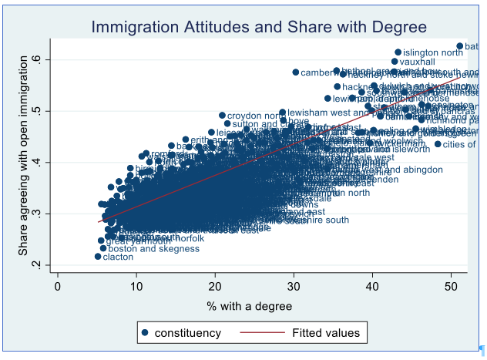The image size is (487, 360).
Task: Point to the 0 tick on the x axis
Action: pos(58,286)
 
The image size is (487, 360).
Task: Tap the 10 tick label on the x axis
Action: pos(136,286)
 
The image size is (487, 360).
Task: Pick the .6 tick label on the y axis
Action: pos(45,59)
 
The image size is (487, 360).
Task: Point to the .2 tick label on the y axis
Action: pos(45,265)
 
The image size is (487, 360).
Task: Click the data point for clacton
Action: pos(98,257)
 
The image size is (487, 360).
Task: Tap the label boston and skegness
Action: pos(143,248)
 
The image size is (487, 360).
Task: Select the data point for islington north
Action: pos(398,52)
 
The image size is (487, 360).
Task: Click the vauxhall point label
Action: pos(418,62)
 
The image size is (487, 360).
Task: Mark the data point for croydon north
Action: pos(222,116)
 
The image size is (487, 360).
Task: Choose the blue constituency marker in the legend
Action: pos(146,334)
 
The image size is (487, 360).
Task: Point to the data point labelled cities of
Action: pos(438,144)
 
